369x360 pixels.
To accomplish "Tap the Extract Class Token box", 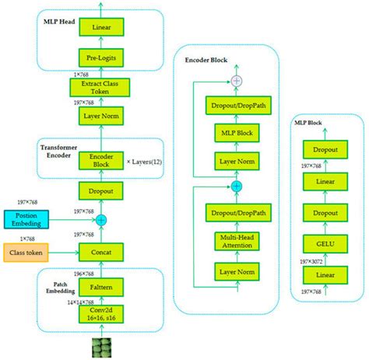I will point(100,87).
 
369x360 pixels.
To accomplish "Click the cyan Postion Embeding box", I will point(27,219).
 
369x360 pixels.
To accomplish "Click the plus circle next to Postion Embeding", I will point(100,220).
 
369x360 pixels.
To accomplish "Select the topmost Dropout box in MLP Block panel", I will point(325,149).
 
